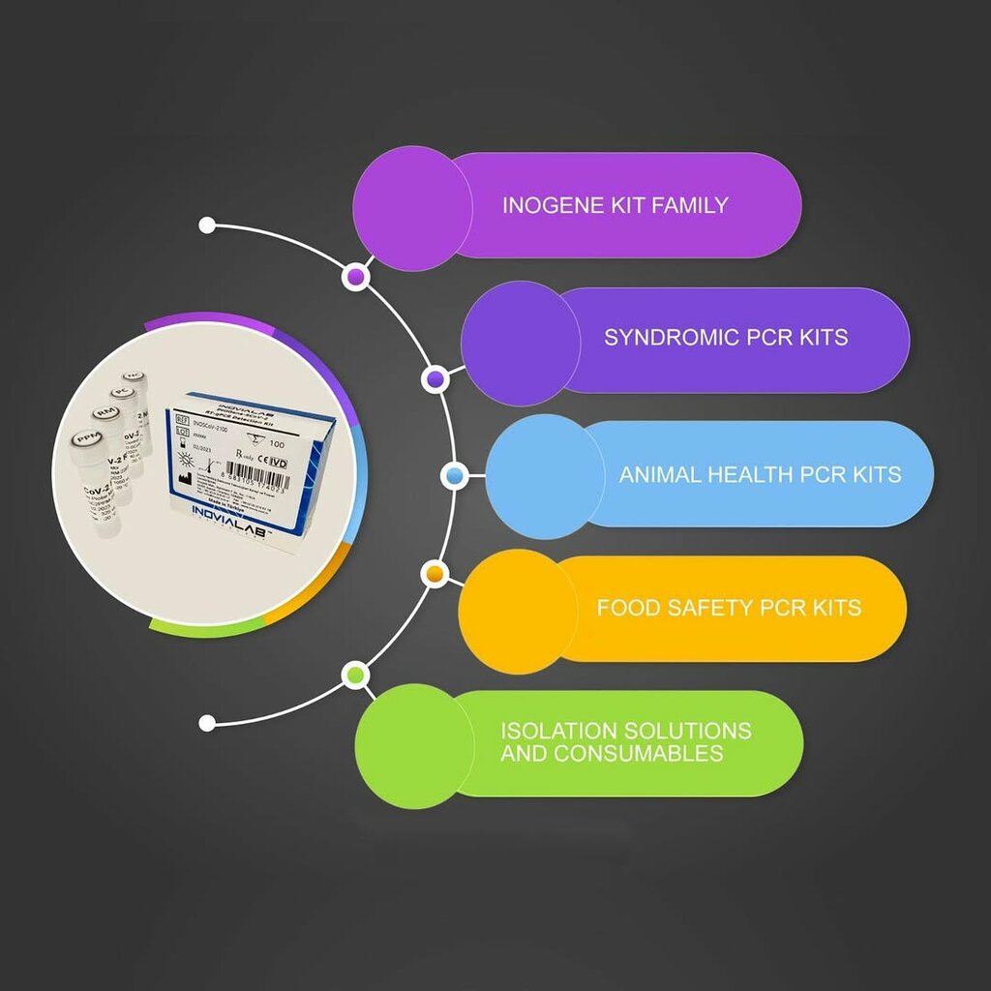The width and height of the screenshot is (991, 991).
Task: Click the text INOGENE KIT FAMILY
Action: pyautogui.click(x=615, y=205)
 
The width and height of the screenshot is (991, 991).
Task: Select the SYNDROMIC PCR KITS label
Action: pyautogui.click(x=726, y=338)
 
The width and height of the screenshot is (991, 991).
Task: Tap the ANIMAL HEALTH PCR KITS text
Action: pyautogui.click(x=760, y=474)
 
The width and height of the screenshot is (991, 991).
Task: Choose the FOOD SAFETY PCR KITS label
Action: pyautogui.click(x=728, y=608)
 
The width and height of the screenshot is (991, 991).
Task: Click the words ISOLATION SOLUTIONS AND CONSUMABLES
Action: pyautogui.click(x=625, y=741)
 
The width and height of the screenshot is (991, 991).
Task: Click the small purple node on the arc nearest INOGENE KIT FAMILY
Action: pyautogui.click(x=355, y=278)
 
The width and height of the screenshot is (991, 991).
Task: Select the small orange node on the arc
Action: pyautogui.click(x=435, y=575)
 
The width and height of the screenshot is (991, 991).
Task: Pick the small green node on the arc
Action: pyautogui.click(x=356, y=675)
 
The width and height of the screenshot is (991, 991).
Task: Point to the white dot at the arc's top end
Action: pyautogui.click(x=206, y=225)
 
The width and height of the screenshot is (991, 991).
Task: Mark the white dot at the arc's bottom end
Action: pyautogui.click(x=206, y=722)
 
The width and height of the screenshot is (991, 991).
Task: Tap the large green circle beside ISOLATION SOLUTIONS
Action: pyautogui.click(x=414, y=746)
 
